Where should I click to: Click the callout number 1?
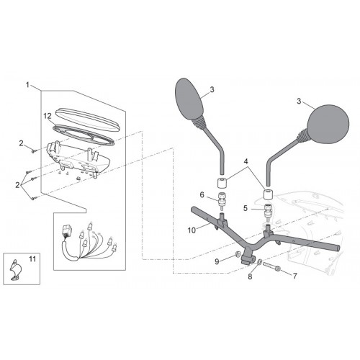(x=27, y=85)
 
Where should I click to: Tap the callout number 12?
(x=48, y=116)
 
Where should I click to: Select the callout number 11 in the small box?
(x=32, y=259)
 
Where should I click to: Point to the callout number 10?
(x=192, y=230)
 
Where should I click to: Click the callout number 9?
(x=217, y=261)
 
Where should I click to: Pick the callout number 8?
(x=250, y=276)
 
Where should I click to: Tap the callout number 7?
(x=295, y=276)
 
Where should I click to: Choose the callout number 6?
(x=202, y=195)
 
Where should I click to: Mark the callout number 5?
(x=246, y=208)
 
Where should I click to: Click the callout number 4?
(x=246, y=161)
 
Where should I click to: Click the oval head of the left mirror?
(x=190, y=99)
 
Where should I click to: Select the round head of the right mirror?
(x=328, y=124)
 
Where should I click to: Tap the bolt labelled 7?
(x=272, y=267)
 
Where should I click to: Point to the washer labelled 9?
(x=238, y=253)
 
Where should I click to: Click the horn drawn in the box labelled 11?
(x=15, y=269)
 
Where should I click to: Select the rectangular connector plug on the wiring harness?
(x=66, y=230)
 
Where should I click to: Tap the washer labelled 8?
(x=259, y=263)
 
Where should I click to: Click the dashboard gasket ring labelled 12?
(x=84, y=134)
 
